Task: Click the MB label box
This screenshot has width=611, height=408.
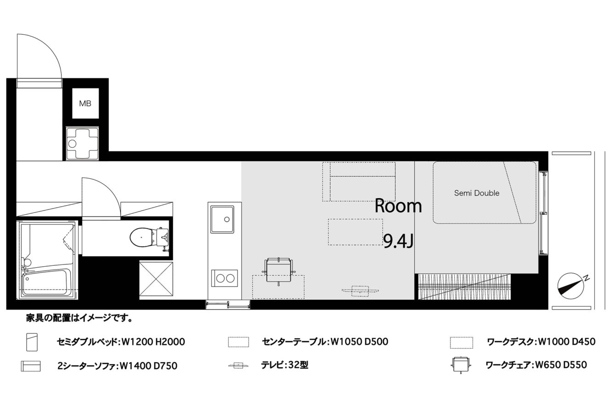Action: (x=85, y=103)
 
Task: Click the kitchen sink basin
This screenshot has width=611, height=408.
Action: (x=222, y=219)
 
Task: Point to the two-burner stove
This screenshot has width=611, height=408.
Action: (x=225, y=278)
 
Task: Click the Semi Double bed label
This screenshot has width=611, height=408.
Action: (x=476, y=193)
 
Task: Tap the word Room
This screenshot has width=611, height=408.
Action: (x=398, y=206)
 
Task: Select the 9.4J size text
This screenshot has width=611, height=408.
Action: (x=398, y=241)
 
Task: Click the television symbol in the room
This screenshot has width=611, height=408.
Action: (x=360, y=291)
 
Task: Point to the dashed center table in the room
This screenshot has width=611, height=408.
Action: (x=356, y=232)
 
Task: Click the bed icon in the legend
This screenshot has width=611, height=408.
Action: (x=32, y=342)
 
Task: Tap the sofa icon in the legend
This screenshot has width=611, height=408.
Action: (x=31, y=366)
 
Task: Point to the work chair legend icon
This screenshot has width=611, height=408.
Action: (x=460, y=364)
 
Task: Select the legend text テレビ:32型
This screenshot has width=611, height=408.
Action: (x=284, y=365)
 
